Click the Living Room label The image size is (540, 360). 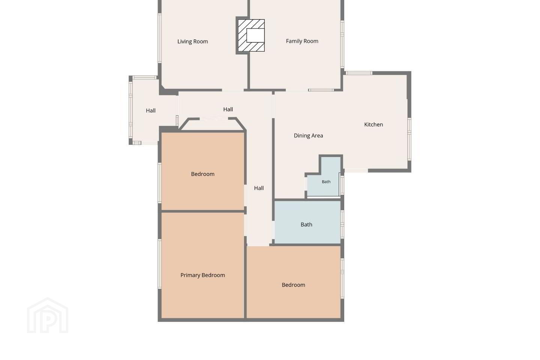[193, 42]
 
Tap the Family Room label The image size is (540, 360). [302, 41]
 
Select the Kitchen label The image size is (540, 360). [373, 124]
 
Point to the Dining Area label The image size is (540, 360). [308, 135]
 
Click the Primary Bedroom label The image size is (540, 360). [203, 275]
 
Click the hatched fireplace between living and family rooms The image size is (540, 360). [251, 36]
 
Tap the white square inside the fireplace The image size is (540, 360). [255, 36]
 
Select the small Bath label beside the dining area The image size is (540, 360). [326, 182]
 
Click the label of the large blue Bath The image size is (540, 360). [306, 225]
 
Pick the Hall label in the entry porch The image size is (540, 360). [151, 111]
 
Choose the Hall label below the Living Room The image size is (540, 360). [228, 109]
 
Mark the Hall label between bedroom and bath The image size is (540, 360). [259, 188]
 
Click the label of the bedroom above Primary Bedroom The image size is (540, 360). [203, 174]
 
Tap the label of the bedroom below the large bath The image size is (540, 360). [293, 285]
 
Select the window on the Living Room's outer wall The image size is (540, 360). [160, 38]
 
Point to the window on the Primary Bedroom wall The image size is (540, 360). [160, 264]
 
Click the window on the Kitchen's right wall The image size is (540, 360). [409, 139]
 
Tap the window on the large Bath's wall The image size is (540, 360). [342, 224]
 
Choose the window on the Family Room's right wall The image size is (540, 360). [342, 44]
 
